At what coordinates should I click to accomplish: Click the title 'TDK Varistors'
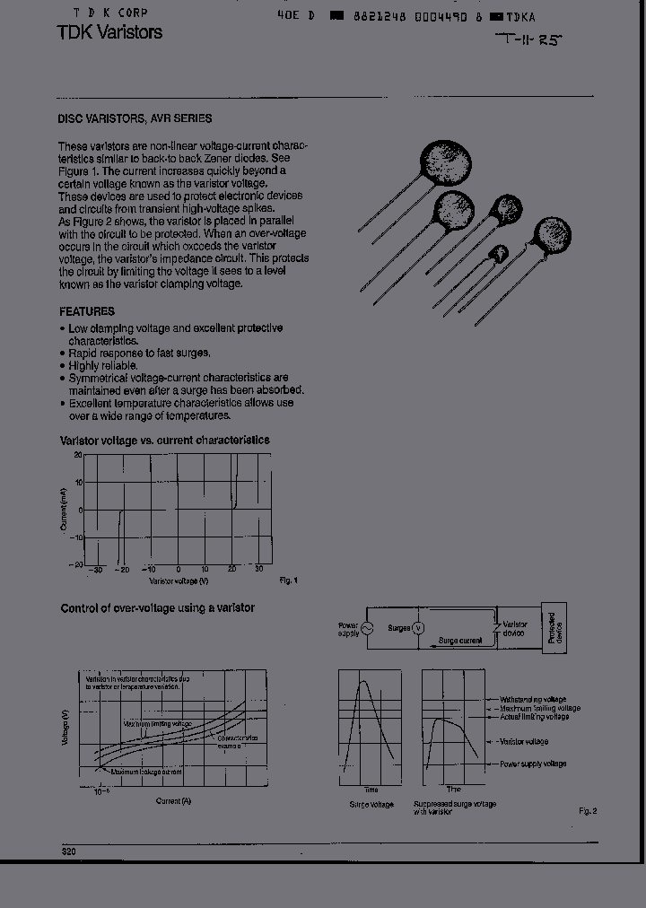pyautogui.click(x=109, y=33)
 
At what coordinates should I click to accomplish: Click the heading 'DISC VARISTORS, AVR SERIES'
pyautogui.click(x=135, y=118)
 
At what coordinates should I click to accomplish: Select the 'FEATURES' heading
pyautogui.click(x=87, y=311)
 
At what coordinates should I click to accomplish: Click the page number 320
pyautogui.click(x=68, y=851)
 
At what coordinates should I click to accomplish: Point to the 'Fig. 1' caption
pyautogui.click(x=288, y=581)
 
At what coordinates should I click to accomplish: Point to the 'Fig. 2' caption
pyautogui.click(x=588, y=811)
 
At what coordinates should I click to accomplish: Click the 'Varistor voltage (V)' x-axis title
pyautogui.click(x=179, y=581)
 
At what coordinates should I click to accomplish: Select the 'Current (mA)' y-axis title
pyautogui.click(x=65, y=510)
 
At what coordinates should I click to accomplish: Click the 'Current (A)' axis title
pyautogui.click(x=173, y=800)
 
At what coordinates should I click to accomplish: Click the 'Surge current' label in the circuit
pyautogui.click(x=460, y=641)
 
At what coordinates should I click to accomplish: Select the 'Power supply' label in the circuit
pyautogui.click(x=348, y=629)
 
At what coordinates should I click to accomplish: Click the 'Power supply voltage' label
pyautogui.click(x=533, y=764)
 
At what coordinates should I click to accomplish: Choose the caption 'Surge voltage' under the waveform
pyautogui.click(x=371, y=805)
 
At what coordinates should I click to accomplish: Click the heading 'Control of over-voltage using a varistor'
pyautogui.click(x=157, y=608)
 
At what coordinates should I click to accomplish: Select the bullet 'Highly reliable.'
pyautogui.click(x=103, y=366)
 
